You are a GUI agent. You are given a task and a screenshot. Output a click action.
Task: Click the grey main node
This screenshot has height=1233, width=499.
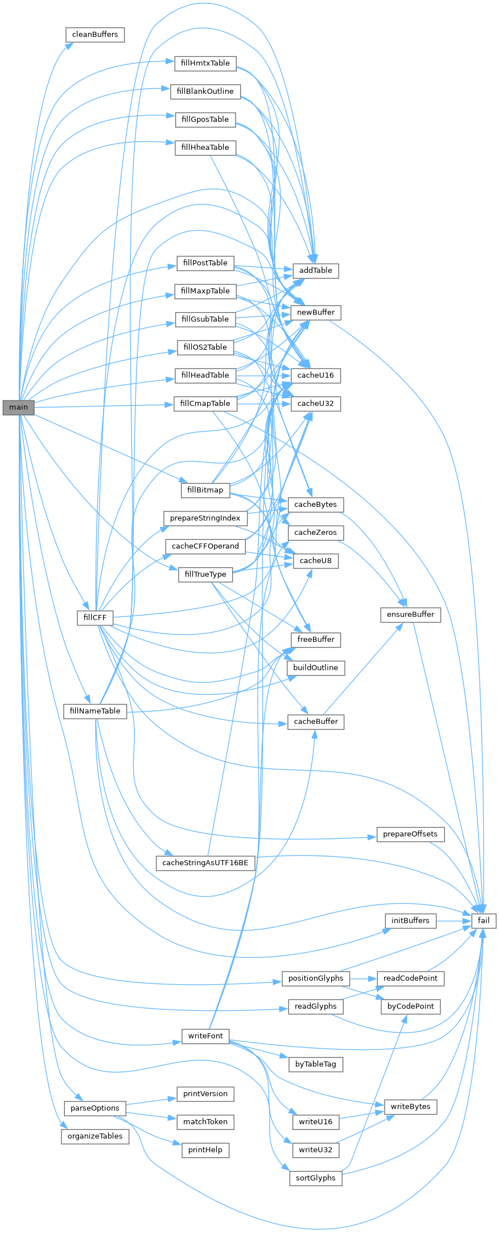coord(18,407)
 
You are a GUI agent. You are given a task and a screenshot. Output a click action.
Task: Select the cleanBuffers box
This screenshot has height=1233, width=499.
coord(95,35)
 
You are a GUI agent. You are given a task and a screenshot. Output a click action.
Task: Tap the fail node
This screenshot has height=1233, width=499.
coord(484,920)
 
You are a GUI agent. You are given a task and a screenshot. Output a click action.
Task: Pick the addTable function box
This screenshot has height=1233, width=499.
coord(316,271)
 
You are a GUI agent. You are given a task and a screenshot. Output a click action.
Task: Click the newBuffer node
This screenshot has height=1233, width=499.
coord(316,313)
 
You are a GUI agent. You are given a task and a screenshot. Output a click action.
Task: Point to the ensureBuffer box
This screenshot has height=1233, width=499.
coord(410,615)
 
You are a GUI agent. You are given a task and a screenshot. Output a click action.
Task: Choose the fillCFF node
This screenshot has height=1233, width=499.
coord(95,617)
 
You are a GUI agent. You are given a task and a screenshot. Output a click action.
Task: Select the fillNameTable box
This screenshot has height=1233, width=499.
coord(95,711)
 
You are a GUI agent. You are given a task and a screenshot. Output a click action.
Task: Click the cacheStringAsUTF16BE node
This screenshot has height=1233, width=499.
coord(205,863)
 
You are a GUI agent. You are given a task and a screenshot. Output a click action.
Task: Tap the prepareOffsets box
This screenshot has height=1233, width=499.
coord(410,834)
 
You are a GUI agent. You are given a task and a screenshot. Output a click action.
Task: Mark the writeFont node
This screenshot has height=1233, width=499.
coord(205,1036)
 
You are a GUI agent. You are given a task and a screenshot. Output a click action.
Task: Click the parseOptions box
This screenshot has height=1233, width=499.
coord(95,1108)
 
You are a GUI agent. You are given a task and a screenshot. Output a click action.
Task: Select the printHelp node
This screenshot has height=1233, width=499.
coord(205,1150)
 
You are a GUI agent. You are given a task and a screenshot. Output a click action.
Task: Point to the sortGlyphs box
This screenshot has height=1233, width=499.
coord(316,1178)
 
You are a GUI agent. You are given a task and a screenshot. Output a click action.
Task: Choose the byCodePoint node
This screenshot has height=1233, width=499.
coord(410,1006)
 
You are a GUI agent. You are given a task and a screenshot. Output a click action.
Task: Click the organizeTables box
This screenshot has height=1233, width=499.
coord(95,1136)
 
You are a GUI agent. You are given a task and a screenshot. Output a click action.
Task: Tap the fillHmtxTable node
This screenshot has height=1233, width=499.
coord(205,63)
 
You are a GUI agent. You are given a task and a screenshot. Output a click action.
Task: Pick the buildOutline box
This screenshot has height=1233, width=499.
coord(316,667)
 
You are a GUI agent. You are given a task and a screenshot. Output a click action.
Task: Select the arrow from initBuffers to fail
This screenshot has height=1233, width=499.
coord(453,920)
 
